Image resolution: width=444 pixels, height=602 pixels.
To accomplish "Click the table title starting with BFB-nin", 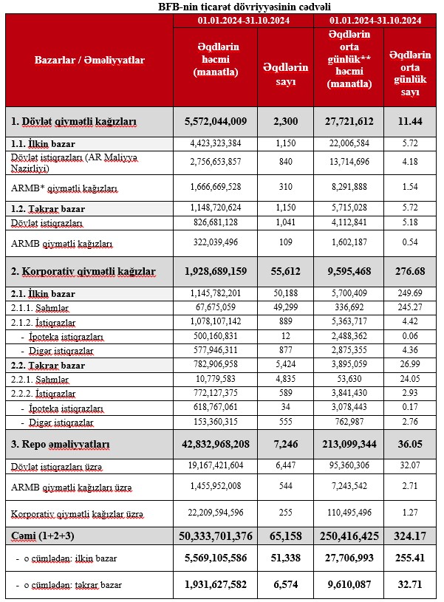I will tap(222, 7).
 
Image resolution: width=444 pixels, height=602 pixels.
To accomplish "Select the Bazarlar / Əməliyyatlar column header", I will tap(89, 60).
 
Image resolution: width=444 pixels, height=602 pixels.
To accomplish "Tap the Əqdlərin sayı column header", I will tap(285, 74).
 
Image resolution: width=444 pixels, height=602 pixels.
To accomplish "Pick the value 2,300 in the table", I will tap(285, 120).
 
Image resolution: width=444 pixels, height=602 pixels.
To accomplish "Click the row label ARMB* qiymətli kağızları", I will tap(64, 189).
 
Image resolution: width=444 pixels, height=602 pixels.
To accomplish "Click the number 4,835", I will tap(285, 377).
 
